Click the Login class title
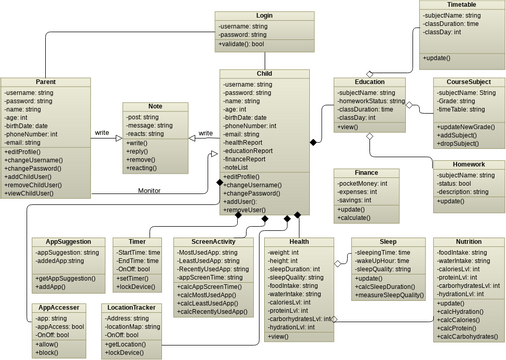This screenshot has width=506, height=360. [264, 17]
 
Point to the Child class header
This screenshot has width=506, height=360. [265, 74]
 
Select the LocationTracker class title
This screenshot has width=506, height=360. [134, 308]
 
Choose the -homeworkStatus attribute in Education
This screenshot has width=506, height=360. [369, 100]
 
